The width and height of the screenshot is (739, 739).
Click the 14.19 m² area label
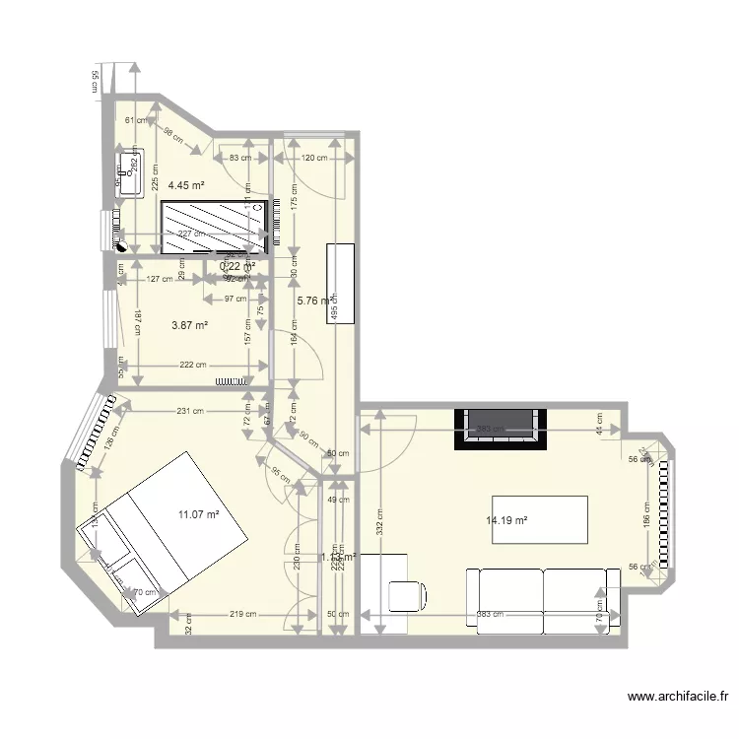point(506,521)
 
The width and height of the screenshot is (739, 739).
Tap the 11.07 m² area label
point(198,513)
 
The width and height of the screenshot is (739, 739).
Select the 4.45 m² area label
point(185,185)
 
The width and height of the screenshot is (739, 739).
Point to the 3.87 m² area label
point(189,325)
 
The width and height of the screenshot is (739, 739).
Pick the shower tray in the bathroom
point(214,228)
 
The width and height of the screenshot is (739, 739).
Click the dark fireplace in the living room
point(500,427)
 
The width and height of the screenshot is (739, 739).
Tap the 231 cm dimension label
point(190,412)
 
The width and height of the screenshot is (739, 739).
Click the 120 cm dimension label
point(313,158)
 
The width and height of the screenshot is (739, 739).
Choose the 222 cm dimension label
point(192,365)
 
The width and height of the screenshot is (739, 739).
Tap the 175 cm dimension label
point(293,193)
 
